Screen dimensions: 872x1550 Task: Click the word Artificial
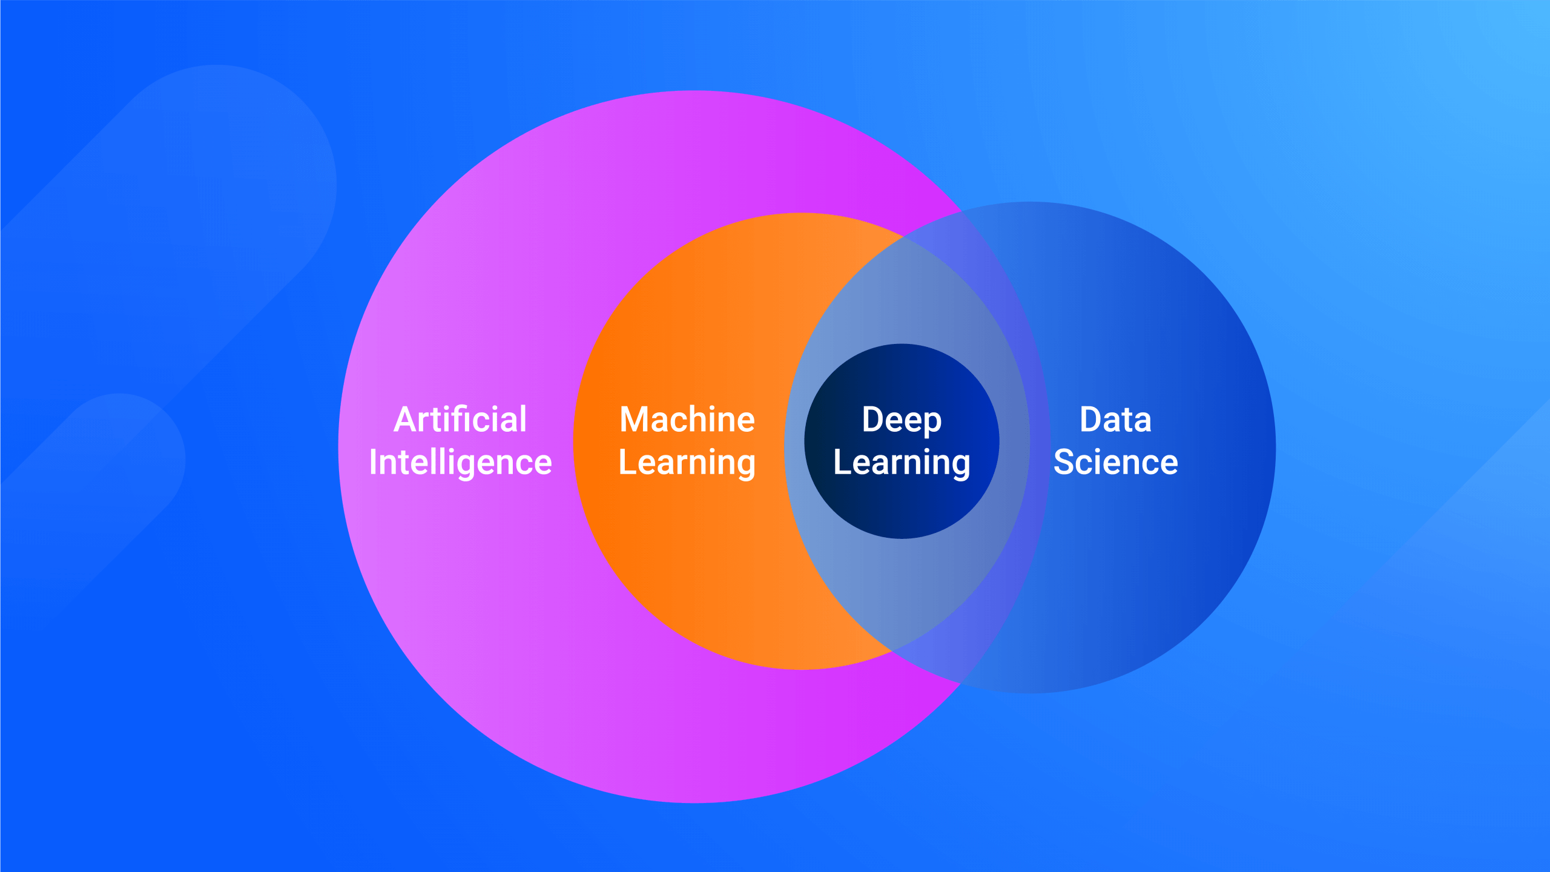click(460, 420)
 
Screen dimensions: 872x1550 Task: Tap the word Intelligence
click(460, 463)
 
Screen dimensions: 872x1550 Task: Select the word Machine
click(687, 420)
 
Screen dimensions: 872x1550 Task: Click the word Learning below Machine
click(687, 463)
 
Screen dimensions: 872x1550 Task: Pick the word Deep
click(902, 420)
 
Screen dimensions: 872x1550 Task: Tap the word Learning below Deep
click(902, 463)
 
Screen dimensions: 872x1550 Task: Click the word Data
click(1115, 420)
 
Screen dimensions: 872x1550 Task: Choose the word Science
click(1115, 463)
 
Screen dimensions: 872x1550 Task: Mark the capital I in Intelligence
click(374, 463)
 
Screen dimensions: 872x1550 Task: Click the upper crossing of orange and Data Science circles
click(903, 236)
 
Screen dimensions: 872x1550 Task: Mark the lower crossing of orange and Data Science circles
click(891, 651)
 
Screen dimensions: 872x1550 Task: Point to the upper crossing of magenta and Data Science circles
click(961, 211)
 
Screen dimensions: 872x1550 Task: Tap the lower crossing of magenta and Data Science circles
click(961, 683)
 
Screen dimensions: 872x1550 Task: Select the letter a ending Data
click(1142, 421)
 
